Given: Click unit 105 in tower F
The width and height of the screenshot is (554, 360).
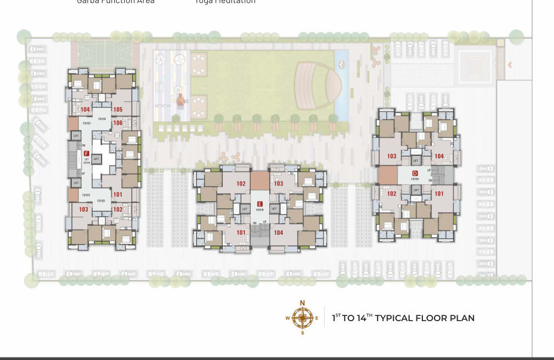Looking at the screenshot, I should click(x=118, y=110).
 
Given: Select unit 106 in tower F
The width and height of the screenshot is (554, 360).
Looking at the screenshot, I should click(x=118, y=123).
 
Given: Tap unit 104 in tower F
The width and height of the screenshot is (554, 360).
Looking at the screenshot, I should click(x=85, y=110).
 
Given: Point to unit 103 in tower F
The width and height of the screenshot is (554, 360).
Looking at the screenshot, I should click(x=84, y=209).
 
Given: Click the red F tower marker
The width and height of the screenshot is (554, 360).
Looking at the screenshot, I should click(x=86, y=154).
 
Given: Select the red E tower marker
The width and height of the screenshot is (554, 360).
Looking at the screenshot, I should click(x=259, y=204).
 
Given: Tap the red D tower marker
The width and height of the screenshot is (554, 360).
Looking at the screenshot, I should click(x=415, y=173).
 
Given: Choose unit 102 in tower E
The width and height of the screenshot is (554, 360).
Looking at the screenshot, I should click(x=241, y=184).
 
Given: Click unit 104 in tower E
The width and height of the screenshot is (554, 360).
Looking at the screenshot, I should click(x=278, y=232).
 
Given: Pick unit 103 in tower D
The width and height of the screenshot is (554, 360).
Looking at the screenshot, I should click(x=392, y=157).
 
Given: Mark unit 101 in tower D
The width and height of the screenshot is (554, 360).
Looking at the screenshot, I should click(x=439, y=194).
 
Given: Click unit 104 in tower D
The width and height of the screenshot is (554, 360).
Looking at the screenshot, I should click(x=439, y=157).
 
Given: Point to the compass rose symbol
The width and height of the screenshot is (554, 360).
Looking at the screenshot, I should click(x=302, y=318).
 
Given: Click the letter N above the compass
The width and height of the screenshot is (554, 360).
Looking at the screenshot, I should click(x=302, y=303).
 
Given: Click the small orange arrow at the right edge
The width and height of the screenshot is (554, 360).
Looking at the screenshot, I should click(x=510, y=65).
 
